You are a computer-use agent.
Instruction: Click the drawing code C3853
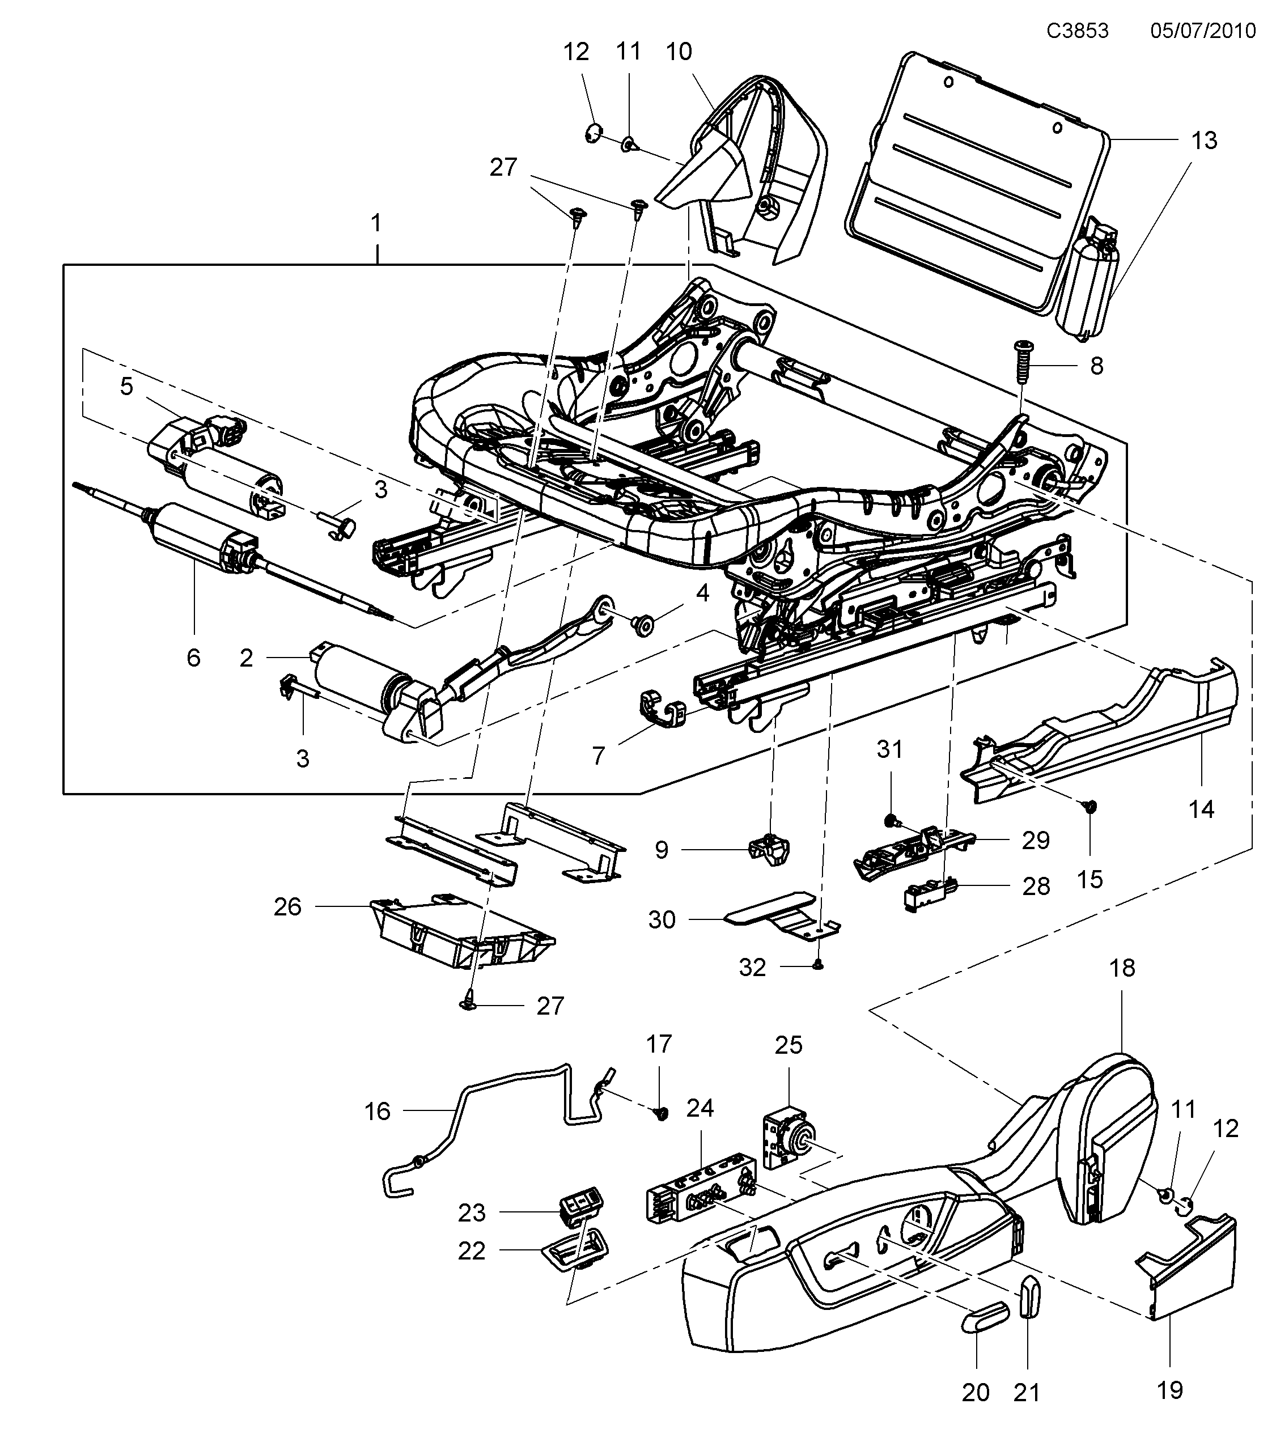[x=1077, y=31]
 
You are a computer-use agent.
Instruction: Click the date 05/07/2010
[x=1202, y=31]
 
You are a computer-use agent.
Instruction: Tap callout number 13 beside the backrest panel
[x=1204, y=141]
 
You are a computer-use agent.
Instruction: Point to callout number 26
[x=287, y=907]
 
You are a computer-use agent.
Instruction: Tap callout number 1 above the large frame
[x=376, y=223]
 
